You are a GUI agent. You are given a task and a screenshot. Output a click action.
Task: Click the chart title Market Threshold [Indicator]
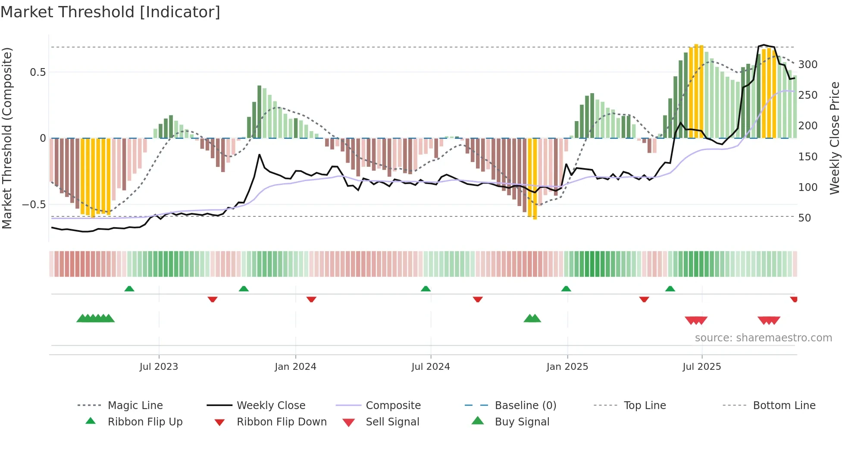110,12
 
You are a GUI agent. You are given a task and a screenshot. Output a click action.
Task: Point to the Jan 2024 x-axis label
295,367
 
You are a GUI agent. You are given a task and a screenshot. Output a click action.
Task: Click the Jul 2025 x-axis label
701,367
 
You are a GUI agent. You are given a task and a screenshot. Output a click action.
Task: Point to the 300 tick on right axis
807,65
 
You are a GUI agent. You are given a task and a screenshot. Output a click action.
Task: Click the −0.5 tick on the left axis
34,205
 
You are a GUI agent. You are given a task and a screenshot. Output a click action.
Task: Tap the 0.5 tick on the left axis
38,72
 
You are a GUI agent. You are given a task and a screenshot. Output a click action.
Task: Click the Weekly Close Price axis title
835,138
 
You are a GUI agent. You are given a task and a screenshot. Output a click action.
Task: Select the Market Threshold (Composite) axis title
7,138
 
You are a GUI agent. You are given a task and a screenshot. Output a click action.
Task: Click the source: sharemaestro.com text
763,338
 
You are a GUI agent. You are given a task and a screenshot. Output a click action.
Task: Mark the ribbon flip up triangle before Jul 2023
129,289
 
